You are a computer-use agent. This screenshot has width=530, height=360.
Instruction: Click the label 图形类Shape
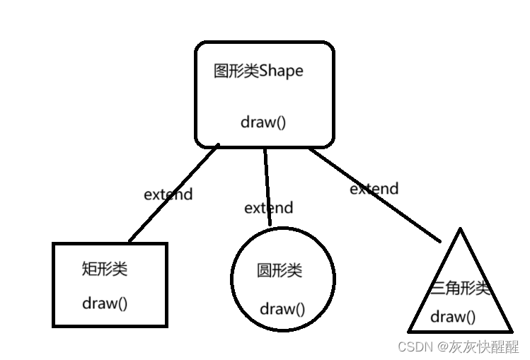click(x=258, y=71)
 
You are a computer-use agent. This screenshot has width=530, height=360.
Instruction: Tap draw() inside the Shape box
click(x=263, y=122)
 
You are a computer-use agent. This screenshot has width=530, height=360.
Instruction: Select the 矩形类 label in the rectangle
click(x=105, y=269)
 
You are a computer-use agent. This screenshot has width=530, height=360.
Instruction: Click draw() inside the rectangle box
click(x=105, y=303)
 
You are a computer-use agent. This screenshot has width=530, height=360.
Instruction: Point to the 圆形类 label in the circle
click(x=279, y=271)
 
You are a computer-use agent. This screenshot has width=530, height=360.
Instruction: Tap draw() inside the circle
click(x=282, y=308)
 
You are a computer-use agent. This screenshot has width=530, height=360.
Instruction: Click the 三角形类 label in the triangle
click(x=461, y=288)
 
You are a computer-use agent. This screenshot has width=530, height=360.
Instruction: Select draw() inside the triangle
click(x=453, y=316)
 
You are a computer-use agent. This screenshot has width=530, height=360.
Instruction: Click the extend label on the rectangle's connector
click(x=168, y=194)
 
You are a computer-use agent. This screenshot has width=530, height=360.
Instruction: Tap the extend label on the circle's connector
click(x=268, y=208)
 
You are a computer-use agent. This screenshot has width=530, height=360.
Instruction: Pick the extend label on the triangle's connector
click(x=374, y=189)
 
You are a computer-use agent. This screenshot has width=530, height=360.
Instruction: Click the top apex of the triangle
click(x=461, y=230)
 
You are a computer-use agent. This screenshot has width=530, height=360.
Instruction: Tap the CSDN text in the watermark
click(x=415, y=346)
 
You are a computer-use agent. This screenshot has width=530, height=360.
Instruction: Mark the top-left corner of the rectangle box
click(x=54, y=244)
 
